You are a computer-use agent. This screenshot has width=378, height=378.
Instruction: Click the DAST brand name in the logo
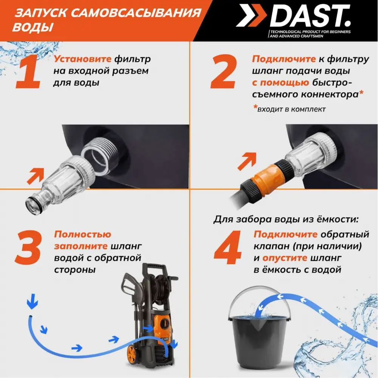click(x=310, y=17)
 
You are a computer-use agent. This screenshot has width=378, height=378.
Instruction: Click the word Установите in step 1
click(x=83, y=59)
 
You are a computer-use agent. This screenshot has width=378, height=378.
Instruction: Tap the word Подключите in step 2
click(x=284, y=59)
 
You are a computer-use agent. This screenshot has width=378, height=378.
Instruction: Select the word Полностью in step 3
click(x=82, y=234)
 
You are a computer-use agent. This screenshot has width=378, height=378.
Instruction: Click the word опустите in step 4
click(x=285, y=258)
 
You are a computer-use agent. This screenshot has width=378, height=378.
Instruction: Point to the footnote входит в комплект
click(x=291, y=109)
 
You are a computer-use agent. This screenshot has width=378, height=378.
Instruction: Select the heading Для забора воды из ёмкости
click(x=285, y=219)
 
